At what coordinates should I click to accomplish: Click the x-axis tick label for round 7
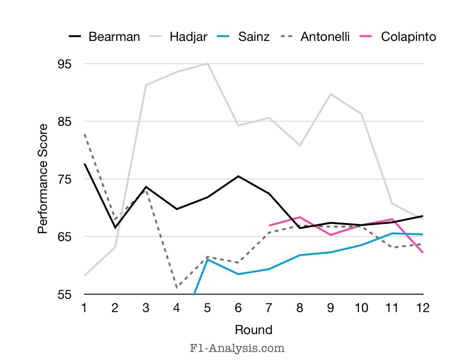pos(269,308)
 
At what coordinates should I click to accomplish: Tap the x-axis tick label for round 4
pos(177,308)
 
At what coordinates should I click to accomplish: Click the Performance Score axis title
pos(43,179)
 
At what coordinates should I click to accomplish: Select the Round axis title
pos(253,330)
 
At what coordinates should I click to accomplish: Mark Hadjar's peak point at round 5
pos(207,63)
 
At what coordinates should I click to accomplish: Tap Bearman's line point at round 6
pos(238,176)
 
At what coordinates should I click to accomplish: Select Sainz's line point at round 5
pos(207,259)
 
